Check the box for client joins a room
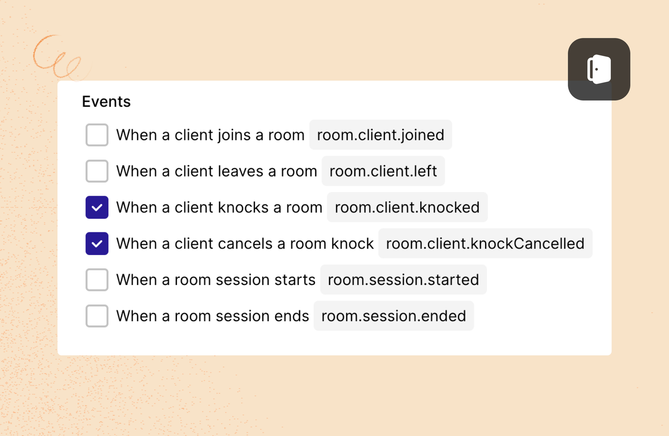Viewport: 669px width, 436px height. pos(97,135)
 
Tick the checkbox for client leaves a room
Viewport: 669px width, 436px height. pos(97,171)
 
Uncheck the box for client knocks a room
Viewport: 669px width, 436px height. pos(97,207)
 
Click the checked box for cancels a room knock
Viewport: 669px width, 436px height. pos(97,243)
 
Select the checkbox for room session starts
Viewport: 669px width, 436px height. pos(97,280)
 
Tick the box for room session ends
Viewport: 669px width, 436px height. pos(97,316)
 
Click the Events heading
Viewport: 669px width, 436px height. pos(106,102)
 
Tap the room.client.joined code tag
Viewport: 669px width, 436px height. pos(381,135)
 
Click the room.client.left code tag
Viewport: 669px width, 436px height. pos(383,171)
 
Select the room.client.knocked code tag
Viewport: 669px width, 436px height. pos(407,207)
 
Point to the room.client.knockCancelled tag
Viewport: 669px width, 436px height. pos(485,243)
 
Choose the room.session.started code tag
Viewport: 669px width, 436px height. pos(403,280)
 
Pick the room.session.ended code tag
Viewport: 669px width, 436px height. pos(394,316)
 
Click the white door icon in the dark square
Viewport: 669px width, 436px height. pos(599,69)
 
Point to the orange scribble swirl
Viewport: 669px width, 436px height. pos(57,57)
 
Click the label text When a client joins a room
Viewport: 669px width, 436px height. pos(210,135)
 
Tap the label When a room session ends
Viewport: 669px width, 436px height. pos(213,316)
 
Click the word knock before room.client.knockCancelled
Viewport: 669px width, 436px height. pos(352,243)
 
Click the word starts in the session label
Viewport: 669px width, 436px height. pos(295,280)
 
